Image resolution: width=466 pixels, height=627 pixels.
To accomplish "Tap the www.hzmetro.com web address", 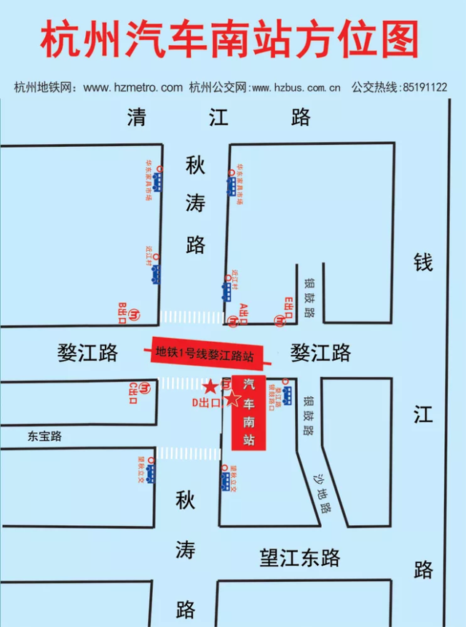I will [x=133, y=88].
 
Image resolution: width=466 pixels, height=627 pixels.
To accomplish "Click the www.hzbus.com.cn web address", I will [x=295, y=88].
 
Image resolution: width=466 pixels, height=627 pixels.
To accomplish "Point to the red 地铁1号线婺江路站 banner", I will [x=206, y=355].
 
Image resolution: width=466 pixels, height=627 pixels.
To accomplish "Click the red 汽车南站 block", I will [x=249, y=412].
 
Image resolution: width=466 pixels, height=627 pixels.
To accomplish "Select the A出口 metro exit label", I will [x=245, y=313].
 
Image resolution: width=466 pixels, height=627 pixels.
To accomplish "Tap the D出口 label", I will [x=206, y=402].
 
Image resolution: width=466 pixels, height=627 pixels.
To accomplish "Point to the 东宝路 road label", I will [x=45, y=436].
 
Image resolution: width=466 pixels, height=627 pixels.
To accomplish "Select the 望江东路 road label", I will [x=300, y=558].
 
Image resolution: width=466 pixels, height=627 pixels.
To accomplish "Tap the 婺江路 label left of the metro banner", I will [x=87, y=354].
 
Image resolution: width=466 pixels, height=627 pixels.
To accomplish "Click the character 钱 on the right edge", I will [x=424, y=262].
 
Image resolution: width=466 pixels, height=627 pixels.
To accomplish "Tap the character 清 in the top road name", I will [x=136, y=117].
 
